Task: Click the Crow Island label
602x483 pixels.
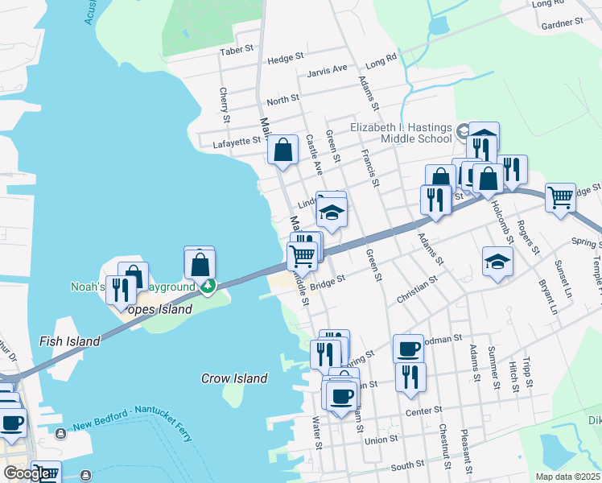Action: (233, 378)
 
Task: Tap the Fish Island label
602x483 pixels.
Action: (69, 341)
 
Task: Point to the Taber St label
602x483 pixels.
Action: (237, 52)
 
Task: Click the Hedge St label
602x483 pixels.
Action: (286, 58)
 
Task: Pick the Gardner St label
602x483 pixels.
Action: (562, 25)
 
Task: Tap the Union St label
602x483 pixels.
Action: (381, 440)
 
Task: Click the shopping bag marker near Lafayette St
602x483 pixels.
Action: (283, 150)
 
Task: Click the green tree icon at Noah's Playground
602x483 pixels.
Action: (208, 285)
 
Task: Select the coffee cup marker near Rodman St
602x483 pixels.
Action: (408, 349)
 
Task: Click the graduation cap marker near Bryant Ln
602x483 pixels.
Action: (497, 262)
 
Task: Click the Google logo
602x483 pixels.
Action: (28, 473)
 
